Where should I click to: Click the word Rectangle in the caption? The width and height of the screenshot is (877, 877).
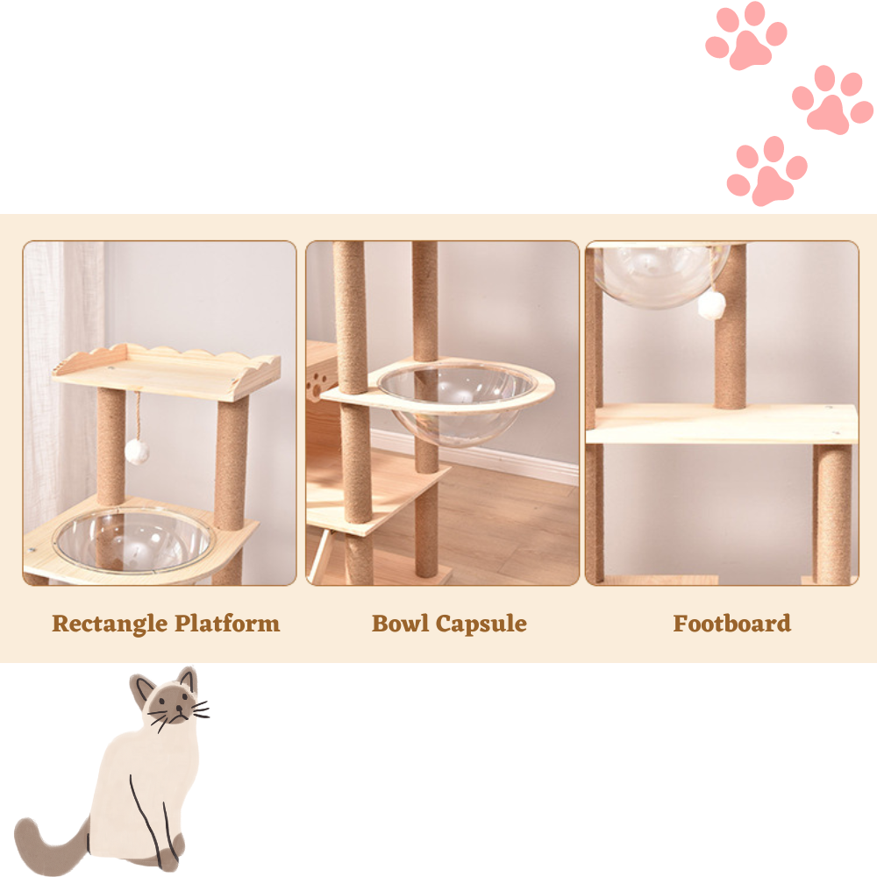(109, 624)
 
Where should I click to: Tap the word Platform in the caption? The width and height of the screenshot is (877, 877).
(227, 624)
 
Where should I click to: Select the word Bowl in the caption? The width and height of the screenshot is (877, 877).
(400, 623)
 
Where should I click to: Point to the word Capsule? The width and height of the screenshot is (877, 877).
(481, 624)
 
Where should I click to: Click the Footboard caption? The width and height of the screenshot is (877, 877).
(731, 623)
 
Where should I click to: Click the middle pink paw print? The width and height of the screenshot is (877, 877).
(833, 100)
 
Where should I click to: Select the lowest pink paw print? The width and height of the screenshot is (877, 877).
(766, 171)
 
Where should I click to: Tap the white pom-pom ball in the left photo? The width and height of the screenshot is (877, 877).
(136, 451)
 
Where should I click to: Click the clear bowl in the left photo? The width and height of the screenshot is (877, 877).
(134, 540)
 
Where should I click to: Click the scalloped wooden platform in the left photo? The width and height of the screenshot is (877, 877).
(166, 370)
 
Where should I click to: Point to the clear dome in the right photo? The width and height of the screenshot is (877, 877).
(660, 273)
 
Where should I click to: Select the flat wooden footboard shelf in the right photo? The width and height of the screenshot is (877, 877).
(722, 424)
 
